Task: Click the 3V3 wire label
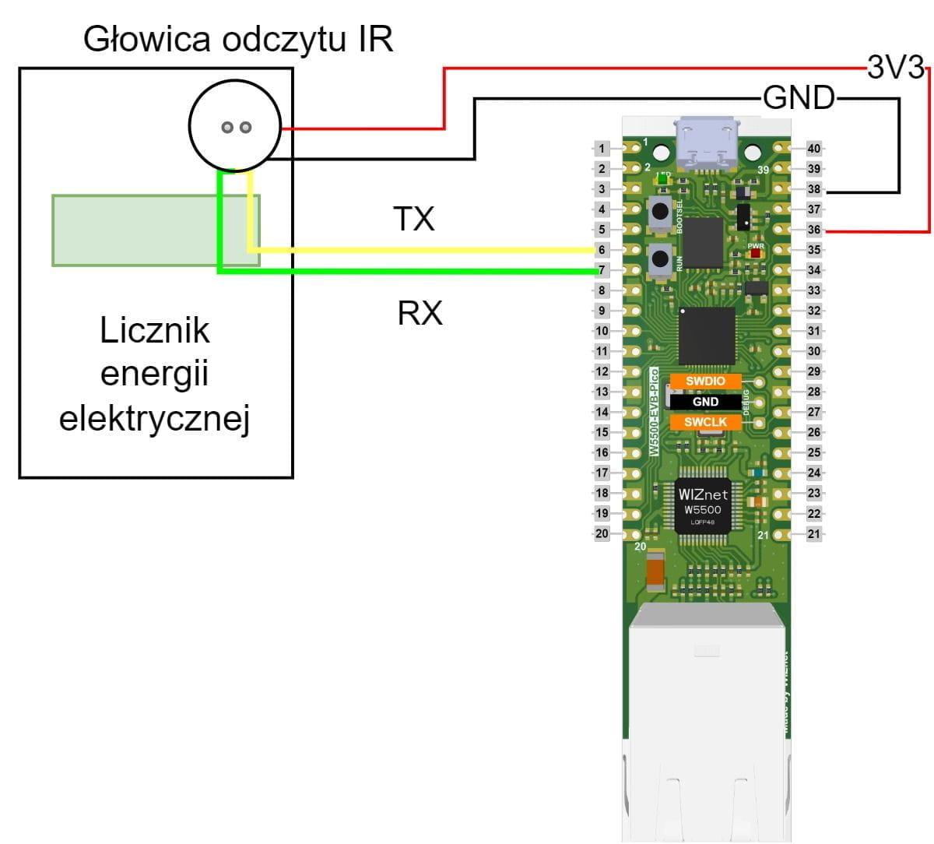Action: click(x=895, y=69)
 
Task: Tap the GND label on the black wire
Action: click(x=798, y=98)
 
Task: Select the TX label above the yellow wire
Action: click(x=413, y=220)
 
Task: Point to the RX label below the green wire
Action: click(x=420, y=313)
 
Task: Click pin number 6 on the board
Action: click(x=602, y=250)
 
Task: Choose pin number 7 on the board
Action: click(x=602, y=270)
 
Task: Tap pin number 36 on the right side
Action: click(x=813, y=230)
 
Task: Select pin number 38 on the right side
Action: click(x=813, y=189)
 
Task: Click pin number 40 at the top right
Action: click(x=813, y=149)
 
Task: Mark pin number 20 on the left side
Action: click(x=602, y=533)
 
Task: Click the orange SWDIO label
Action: click(x=705, y=382)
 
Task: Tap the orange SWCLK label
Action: click(x=705, y=422)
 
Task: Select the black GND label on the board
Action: click(x=705, y=402)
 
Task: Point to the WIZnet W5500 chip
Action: click(x=703, y=505)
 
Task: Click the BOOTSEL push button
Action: click(x=661, y=210)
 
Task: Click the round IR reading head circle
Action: click(x=233, y=126)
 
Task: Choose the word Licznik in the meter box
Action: click(x=155, y=331)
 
